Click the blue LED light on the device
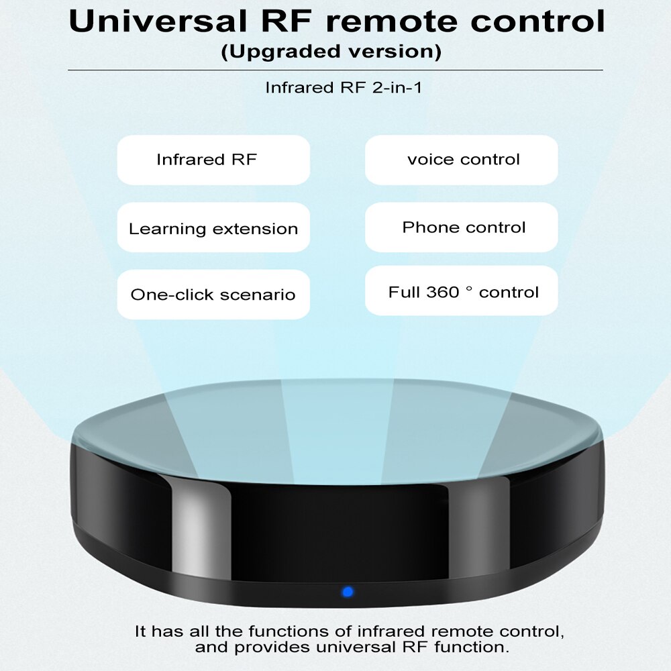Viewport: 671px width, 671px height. pos(347,592)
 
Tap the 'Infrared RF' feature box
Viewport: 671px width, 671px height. pos(213,160)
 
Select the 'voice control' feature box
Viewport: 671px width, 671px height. pos(462,160)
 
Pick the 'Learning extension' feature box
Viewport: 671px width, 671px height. pos(213,228)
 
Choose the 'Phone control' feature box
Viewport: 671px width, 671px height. pos(462,227)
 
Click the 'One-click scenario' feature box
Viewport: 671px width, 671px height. pos(213,295)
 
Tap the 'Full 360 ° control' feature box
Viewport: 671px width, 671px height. pos(462,291)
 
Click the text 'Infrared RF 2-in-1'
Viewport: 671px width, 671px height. pos(344,87)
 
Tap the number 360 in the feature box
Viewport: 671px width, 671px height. pos(442,292)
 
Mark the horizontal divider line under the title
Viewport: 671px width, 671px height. pos(335,70)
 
